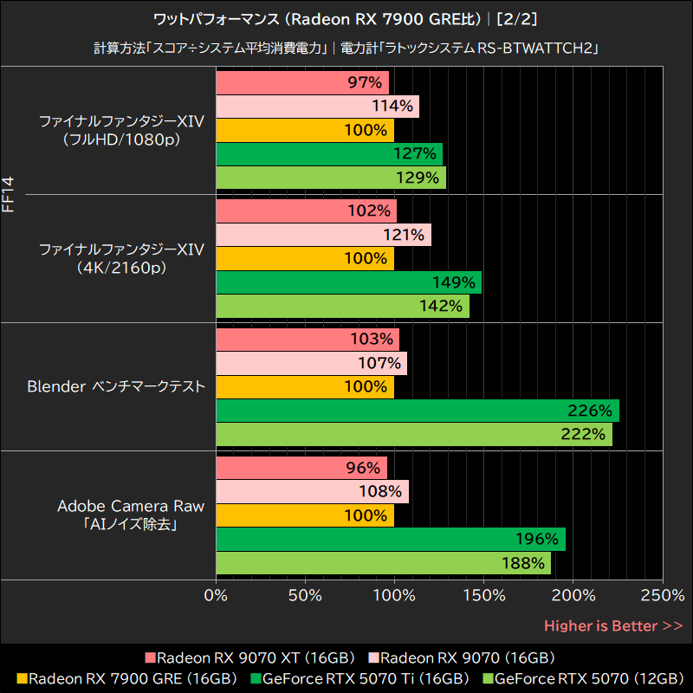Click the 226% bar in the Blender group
(x=417, y=411)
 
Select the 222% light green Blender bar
(x=413, y=434)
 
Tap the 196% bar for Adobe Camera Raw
(x=390, y=539)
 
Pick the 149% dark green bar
(x=348, y=282)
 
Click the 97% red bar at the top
(x=301, y=83)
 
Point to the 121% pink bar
(x=323, y=235)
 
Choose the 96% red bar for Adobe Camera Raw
(x=301, y=468)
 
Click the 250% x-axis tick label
(x=663, y=596)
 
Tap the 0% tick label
(x=216, y=596)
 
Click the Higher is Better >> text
(x=613, y=625)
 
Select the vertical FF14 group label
(x=9, y=196)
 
